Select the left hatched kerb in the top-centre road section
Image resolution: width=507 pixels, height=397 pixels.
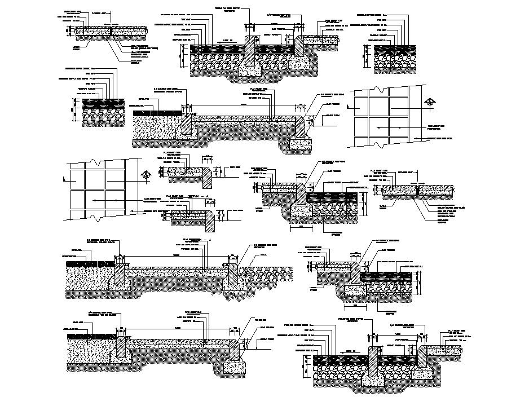click(250, 50)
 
